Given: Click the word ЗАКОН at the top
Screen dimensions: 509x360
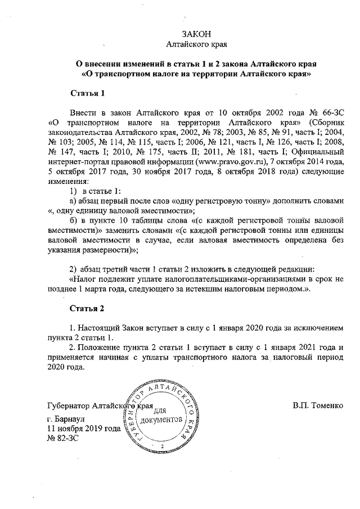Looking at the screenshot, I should tap(196, 35).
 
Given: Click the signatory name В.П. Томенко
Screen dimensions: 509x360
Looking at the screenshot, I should tap(318, 406).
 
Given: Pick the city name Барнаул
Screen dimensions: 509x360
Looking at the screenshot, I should tap(70, 419).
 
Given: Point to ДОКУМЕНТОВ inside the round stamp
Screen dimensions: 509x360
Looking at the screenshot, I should tap(161, 421).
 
